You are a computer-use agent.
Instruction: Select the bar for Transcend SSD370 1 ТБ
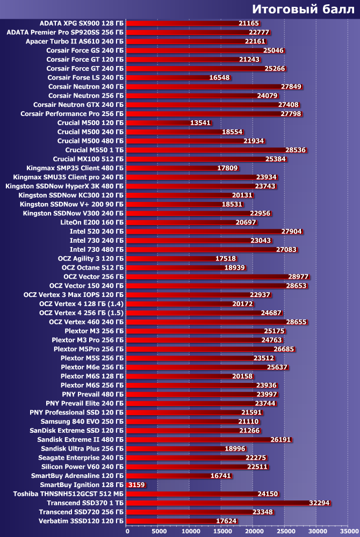coord(215,503)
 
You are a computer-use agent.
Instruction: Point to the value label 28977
coord(298,277)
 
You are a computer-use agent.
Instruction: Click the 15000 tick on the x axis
coord(221,530)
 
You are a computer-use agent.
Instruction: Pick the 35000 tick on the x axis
coord(348,530)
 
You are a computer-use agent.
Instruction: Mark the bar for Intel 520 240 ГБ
coord(204,231)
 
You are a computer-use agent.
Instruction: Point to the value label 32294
coord(319,503)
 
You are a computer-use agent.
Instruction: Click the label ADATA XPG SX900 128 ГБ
coord(82,23)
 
